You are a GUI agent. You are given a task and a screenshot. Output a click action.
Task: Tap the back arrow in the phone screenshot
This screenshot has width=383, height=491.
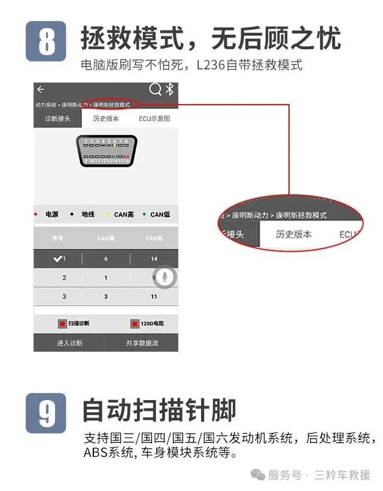(x=41, y=90)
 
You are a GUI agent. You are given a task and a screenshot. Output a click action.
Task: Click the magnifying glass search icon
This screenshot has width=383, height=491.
(x=155, y=90)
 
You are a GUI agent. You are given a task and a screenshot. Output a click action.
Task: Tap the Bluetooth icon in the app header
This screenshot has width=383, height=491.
(x=169, y=90)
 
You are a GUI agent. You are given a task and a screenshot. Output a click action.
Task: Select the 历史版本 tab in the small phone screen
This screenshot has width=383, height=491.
(x=106, y=118)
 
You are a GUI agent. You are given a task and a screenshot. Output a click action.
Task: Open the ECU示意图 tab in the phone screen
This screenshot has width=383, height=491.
(x=154, y=118)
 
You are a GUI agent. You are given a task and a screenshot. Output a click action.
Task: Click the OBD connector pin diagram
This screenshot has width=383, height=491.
(x=107, y=151)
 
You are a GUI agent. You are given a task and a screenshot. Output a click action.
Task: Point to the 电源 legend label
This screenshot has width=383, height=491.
(x=51, y=214)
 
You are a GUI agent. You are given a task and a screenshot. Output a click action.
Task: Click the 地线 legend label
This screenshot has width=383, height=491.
(x=87, y=214)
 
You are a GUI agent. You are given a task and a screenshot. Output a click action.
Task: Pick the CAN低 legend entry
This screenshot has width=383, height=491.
(x=160, y=214)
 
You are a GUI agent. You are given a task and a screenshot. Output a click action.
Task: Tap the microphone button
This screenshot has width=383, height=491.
(x=165, y=277)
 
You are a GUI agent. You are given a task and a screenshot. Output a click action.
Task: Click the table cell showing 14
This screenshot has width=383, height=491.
(x=154, y=258)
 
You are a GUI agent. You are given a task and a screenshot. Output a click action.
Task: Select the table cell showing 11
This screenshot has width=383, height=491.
(x=154, y=296)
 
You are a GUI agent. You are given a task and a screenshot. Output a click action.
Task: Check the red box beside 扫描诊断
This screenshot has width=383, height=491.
(x=62, y=324)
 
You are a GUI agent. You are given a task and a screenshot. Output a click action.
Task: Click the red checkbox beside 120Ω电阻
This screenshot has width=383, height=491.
(x=135, y=324)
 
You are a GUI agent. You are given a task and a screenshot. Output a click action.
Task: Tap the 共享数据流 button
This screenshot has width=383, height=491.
(x=142, y=343)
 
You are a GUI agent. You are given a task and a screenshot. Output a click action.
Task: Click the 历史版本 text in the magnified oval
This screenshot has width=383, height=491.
(x=293, y=234)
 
